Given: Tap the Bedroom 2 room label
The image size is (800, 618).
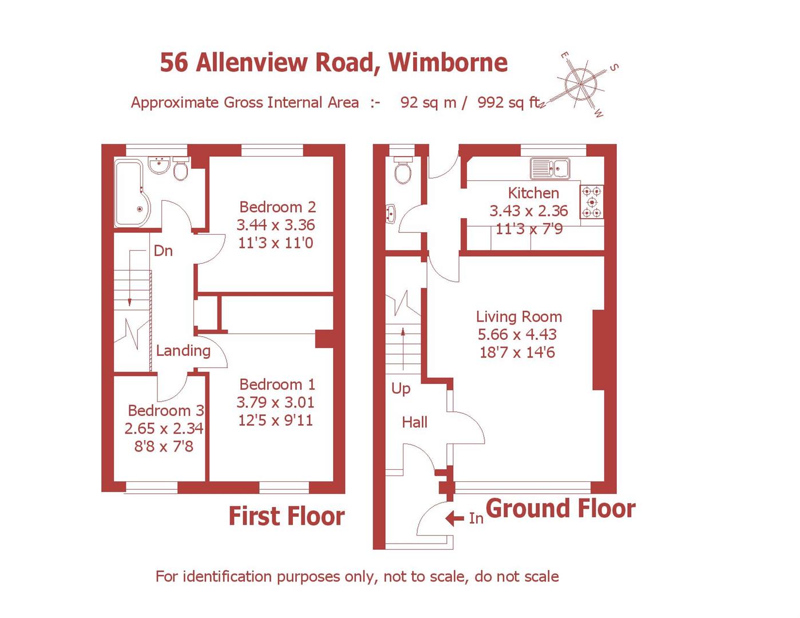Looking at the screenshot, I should click(x=277, y=207).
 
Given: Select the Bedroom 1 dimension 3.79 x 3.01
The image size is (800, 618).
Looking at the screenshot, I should click(x=275, y=402).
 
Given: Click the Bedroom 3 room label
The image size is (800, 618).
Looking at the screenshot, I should click(x=165, y=410).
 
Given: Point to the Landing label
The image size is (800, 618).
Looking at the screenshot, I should click(x=183, y=350).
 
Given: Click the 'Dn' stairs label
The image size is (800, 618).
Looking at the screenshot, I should click(x=163, y=251).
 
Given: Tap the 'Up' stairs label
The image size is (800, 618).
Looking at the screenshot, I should click(x=401, y=388).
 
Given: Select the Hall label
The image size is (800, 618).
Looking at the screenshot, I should click(x=414, y=422).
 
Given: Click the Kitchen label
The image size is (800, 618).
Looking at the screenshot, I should click(x=533, y=193).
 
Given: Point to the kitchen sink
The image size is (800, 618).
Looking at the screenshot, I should click(x=549, y=168).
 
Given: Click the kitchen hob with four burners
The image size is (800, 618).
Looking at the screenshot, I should click(x=592, y=202).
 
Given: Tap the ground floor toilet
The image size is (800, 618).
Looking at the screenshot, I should click(x=403, y=170).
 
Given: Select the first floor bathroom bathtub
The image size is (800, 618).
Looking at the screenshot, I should click(x=132, y=193).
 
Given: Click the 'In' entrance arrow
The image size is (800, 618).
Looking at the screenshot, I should click(x=455, y=518).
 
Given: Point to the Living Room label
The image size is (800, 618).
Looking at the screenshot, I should click(x=518, y=316).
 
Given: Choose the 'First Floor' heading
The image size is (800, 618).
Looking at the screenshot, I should click(x=286, y=516).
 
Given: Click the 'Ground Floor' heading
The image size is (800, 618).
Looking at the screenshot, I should click(x=560, y=508).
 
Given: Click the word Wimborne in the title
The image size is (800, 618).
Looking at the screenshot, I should click(x=448, y=62).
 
